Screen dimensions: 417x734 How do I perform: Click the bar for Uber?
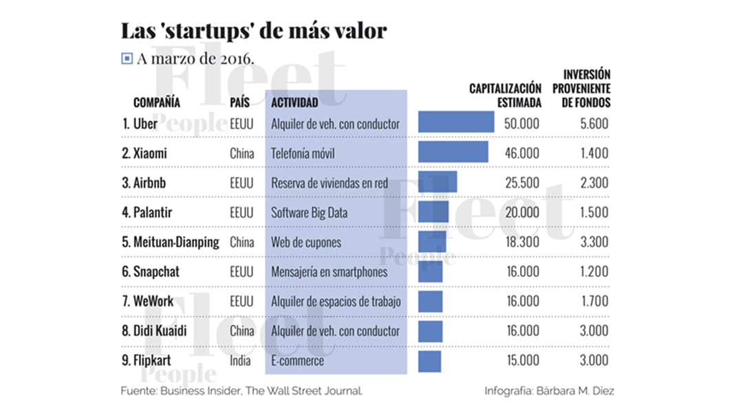pyautogui.click(x=455, y=122)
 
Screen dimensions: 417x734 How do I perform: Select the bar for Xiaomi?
pyautogui.click(x=453, y=152)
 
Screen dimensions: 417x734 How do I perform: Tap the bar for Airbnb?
pyautogui.click(x=437, y=182)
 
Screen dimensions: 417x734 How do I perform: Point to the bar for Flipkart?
pyautogui.click(x=429, y=361)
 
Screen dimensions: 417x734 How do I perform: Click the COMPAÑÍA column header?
pyautogui.click(x=157, y=102)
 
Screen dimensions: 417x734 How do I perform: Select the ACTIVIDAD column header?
pyautogui.click(x=295, y=102)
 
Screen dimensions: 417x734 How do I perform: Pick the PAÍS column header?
pyautogui.click(x=240, y=102)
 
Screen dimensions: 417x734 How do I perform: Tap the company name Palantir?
pyautogui.click(x=147, y=212)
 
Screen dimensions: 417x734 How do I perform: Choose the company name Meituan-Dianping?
pyautogui.click(x=171, y=242)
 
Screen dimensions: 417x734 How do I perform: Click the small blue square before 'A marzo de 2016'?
pyautogui.click(x=127, y=59)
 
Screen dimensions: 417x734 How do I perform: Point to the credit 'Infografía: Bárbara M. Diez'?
pyautogui.click(x=549, y=391)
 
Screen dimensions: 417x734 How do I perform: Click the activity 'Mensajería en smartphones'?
pyautogui.click(x=329, y=271)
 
